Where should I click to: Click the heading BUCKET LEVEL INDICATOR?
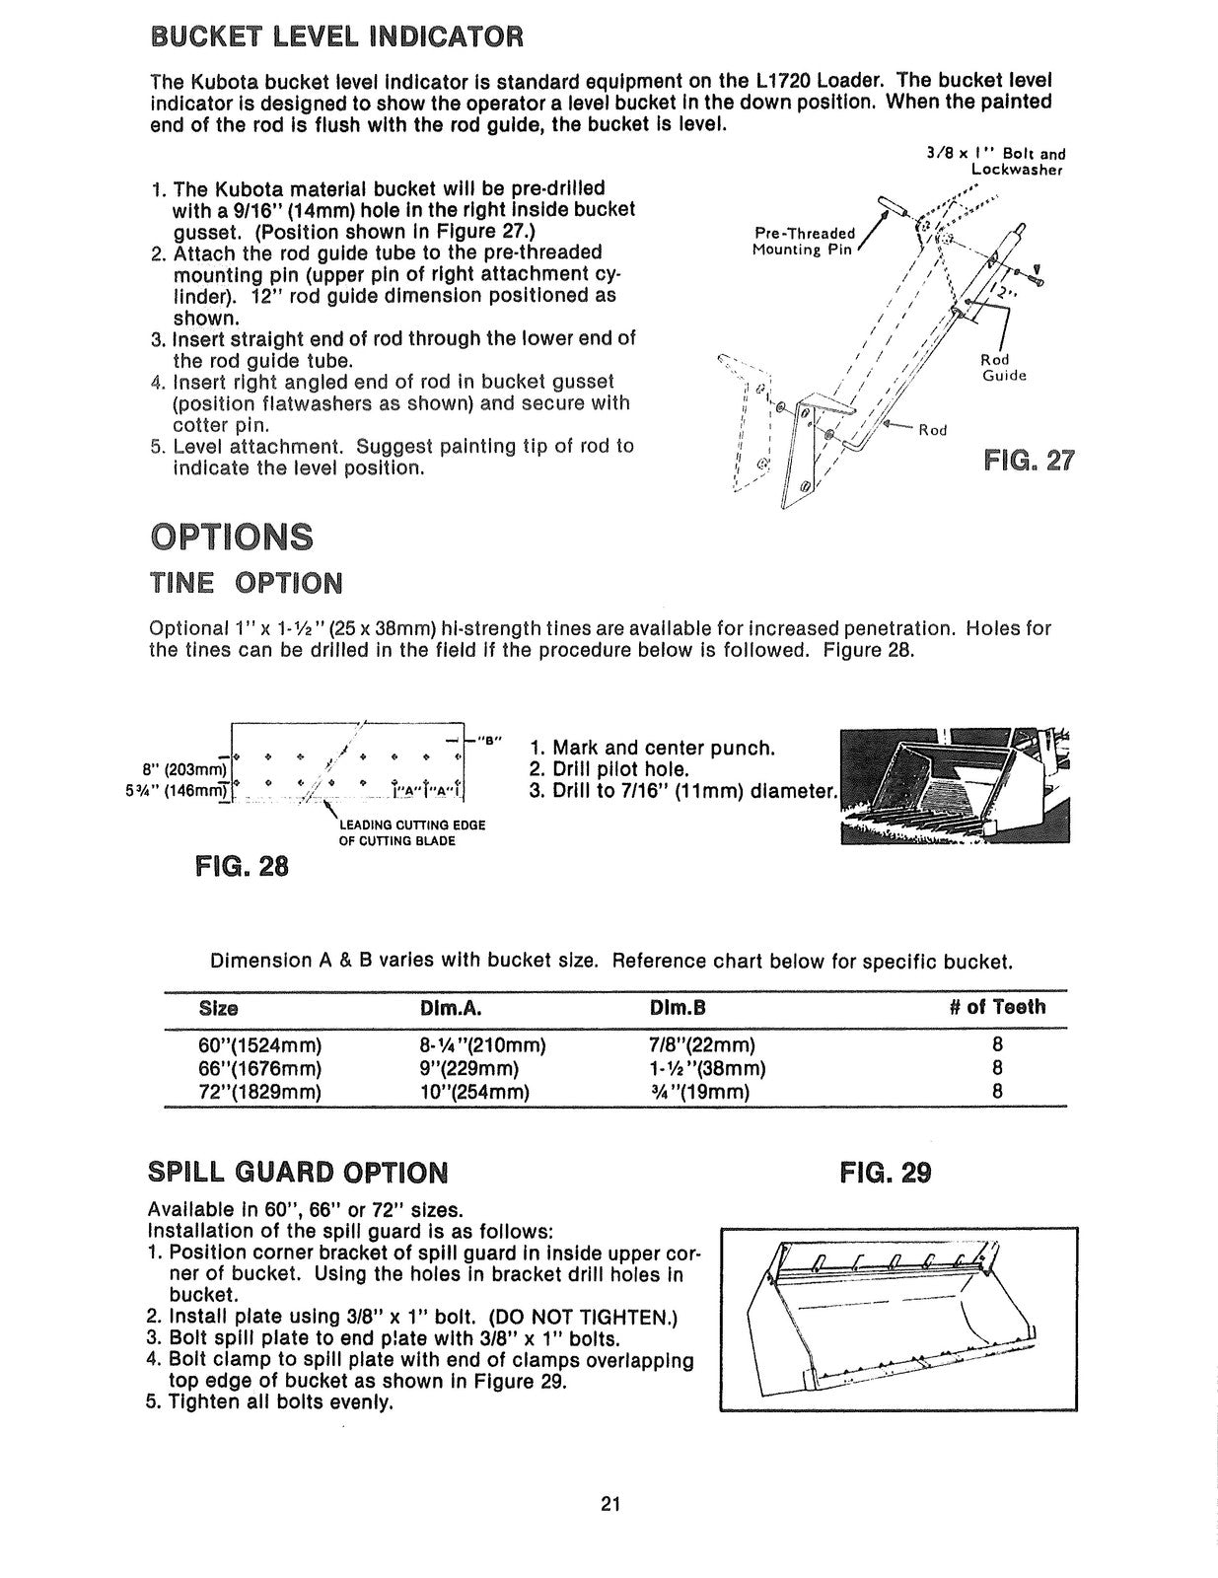(334, 37)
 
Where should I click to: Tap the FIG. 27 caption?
(1029, 461)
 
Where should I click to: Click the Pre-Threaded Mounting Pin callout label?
(805, 242)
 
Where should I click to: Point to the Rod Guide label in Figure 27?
(1003, 368)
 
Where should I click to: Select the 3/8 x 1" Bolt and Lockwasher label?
(995, 161)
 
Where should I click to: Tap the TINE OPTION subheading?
(246, 583)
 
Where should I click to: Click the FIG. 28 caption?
(242, 866)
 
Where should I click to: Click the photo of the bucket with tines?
(952, 786)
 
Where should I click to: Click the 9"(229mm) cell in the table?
(468, 1068)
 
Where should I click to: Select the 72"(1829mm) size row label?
(260, 1092)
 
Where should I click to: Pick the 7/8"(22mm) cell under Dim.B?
(702, 1044)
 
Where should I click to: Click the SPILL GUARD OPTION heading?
(297, 1173)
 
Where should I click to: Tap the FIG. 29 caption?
(885, 1173)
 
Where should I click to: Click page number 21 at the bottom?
(609, 1504)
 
